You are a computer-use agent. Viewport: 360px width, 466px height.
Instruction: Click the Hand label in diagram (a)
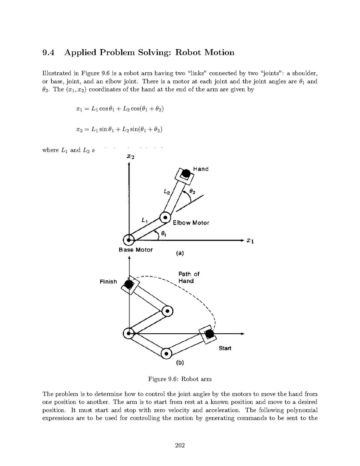click(201, 169)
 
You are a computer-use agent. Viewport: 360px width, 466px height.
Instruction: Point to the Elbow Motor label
click(191, 223)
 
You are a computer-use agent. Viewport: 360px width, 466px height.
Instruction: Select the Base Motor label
click(136, 250)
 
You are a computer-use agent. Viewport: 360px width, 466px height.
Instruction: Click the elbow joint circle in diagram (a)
click(166, 217)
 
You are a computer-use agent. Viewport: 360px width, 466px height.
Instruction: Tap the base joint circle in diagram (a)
click(129, 240)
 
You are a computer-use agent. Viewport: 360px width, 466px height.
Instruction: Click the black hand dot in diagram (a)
click(187, 172)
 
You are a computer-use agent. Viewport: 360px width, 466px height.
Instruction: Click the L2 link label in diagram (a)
click(167, 191)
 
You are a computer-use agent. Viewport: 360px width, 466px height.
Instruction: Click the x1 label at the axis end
click(250, 241)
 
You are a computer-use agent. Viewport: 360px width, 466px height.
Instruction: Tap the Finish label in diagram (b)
click(108, 281)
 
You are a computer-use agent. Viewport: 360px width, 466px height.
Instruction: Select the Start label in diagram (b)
click(225, 348)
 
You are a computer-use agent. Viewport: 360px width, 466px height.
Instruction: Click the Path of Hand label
click(189, 277)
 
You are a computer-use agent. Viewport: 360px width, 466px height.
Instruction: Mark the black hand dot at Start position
click(210, 334)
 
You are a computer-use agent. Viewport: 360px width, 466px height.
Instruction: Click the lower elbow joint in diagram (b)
click(166, 354)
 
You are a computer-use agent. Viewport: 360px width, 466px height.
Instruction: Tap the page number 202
click(180, 445)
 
